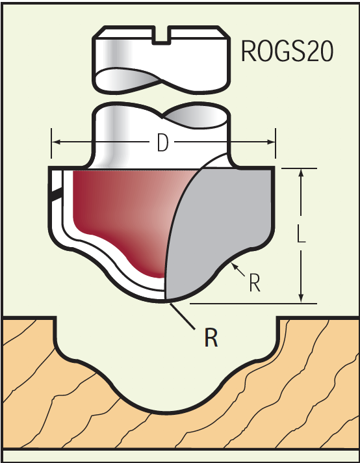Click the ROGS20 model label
(287, 51)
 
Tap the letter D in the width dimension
(162, 142)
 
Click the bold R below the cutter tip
(211, 337)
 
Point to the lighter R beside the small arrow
(255, 283)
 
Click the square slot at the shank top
(161, 35)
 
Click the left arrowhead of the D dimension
(56, 142)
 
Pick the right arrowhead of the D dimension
(271, 142)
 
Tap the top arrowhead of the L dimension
(301, 173)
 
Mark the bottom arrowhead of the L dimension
(301, 298)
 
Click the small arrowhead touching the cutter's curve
(235, 267)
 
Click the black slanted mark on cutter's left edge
(57, 194)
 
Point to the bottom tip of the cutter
(165, 301)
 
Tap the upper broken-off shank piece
(161, 60)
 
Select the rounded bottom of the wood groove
(164, 412)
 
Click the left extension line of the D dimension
(51, 143)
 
